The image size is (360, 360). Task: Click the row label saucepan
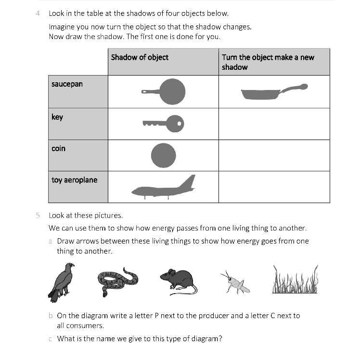point(67,84)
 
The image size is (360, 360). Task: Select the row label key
point(57,117)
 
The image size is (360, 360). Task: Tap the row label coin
point(58,148)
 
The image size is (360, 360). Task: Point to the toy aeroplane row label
point(74,180)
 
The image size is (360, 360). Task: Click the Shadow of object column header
point(140,57)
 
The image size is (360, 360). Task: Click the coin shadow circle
point(163,155)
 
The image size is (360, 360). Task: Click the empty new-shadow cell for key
point(274,124)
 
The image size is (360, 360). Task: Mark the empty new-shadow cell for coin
point(274,155)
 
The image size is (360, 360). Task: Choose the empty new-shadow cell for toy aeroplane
point(274,186)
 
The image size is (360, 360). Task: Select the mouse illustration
point(178,281)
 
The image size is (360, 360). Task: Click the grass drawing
point(295,280)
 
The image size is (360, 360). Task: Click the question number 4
point(38,13)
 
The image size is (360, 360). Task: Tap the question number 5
point(38,215)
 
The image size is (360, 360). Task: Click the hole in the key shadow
point(179,124)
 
